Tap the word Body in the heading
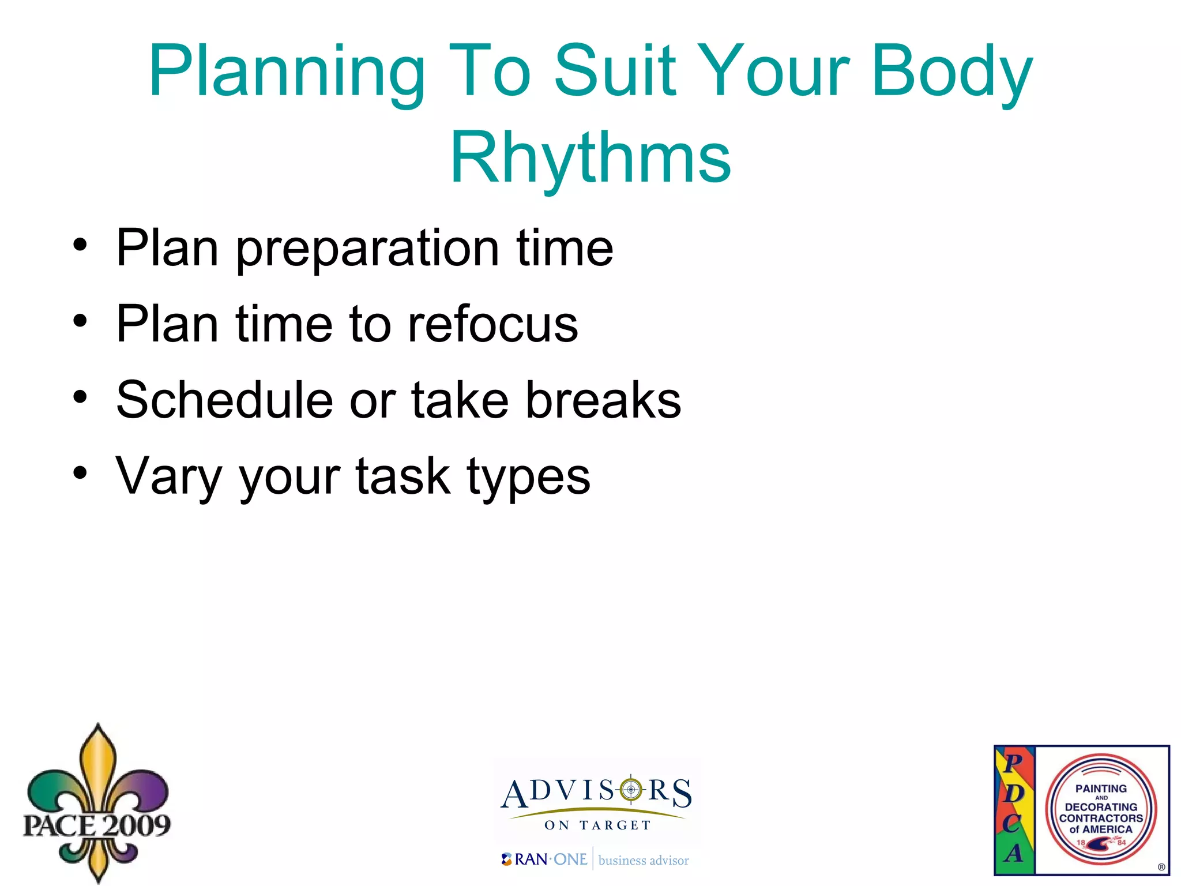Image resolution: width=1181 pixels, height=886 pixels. coord(951,72)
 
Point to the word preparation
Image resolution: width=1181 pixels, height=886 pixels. coord(368,249)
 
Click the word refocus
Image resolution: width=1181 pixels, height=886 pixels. coord(492,324)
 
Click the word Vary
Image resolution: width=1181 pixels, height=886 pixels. coord(168,478)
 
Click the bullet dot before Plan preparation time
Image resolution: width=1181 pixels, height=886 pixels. coord(80,245)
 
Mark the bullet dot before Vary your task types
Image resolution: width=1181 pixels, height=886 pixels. coord(80,473)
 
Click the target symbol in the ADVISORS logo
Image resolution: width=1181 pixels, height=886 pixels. coord(631,789)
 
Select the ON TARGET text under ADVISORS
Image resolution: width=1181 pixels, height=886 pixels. coord(597,825)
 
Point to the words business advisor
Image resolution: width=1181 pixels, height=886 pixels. coord(643,861)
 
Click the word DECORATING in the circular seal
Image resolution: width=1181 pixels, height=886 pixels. coord(1100,807)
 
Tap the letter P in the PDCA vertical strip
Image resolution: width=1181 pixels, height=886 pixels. coord(1013,763)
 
